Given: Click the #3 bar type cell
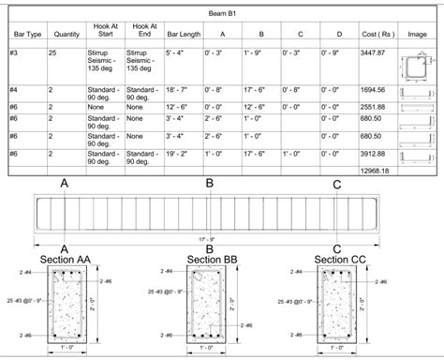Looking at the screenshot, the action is [x=18, y=53].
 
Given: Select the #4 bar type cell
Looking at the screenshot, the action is [x=18, y=90].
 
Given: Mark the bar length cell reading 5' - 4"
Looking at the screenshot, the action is [x=177, y=53].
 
